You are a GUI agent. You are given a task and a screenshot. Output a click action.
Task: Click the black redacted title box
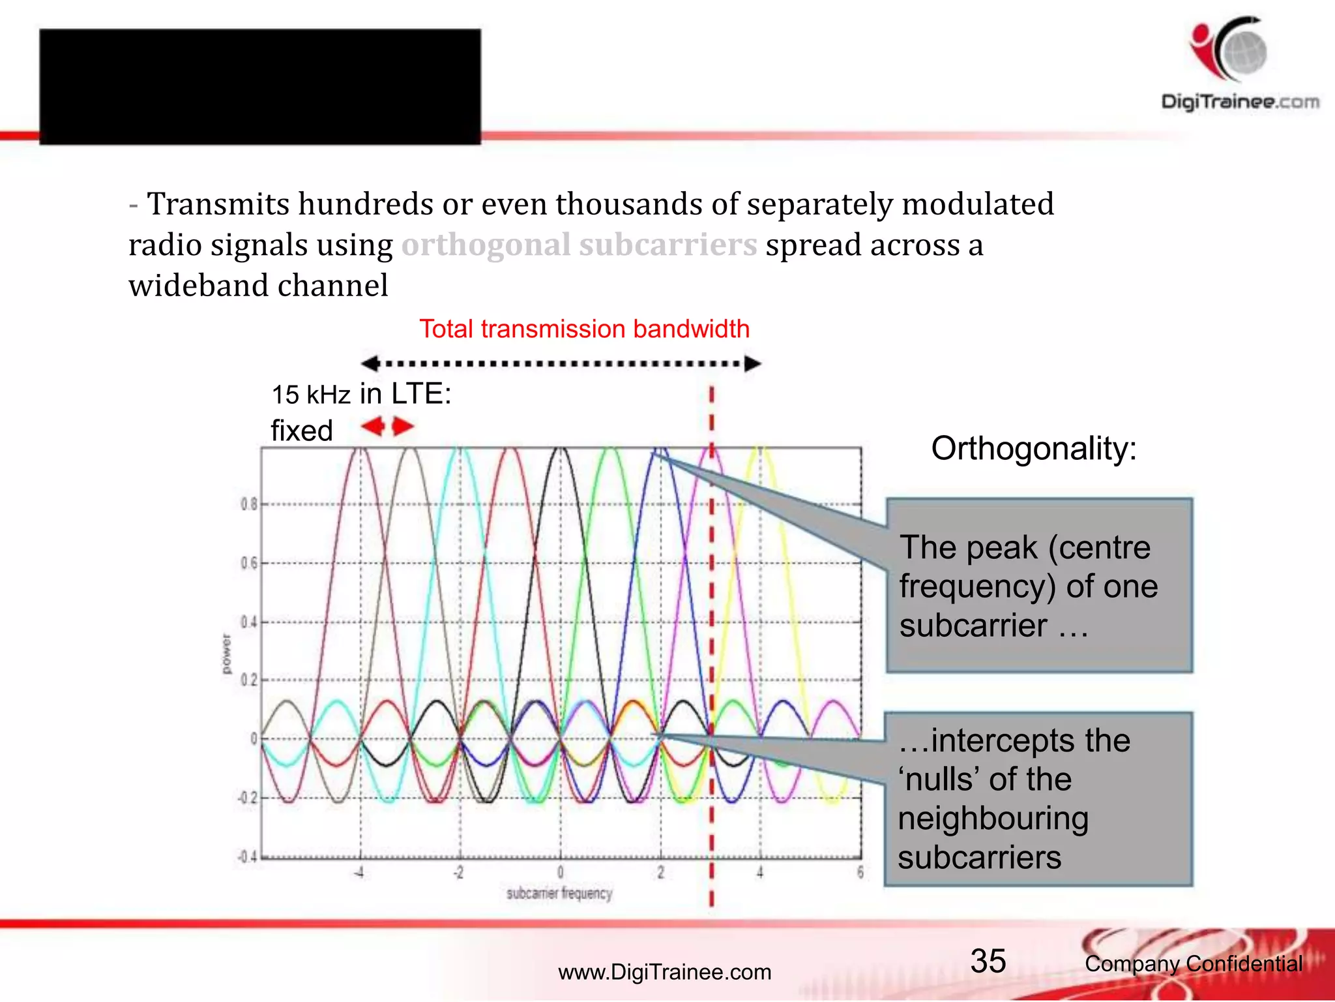click(x=259, y=86)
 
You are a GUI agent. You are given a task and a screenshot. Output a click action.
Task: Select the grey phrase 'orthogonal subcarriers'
click(x=579, y=245)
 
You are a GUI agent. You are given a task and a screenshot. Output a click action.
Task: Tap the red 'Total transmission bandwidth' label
click(x=584, y=329)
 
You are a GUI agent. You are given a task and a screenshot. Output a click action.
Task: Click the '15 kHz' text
click(x=310, y=395)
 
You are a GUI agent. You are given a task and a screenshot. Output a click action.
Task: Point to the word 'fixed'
click(x=301, y=431)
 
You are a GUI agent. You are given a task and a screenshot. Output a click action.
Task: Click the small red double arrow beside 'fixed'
click(x=388, y=427)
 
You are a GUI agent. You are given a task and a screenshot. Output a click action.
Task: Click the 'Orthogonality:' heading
click(x=1034, y=449)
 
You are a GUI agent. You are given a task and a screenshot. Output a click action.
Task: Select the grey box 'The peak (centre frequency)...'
click(x=1039, y=585)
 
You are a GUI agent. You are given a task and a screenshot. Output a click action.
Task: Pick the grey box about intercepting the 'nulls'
click(x=1038, y=799)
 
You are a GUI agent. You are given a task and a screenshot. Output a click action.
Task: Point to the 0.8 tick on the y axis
click(x=248, y=504)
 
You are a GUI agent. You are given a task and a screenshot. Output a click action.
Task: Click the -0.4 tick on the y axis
click(x=247, y=857)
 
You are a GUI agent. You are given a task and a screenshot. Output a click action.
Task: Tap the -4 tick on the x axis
click(x=359, y=872)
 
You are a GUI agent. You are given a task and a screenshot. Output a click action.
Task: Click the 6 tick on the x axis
click(x=860, y=872)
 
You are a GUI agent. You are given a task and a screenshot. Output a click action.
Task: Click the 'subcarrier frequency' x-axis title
click(x=559, y=893)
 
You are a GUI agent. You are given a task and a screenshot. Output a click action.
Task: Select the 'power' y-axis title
click(x=226, y=654)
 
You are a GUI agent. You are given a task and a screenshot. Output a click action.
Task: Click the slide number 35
click(x=988, y=961)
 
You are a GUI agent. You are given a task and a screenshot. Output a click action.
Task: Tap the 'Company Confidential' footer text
click(x=1193, y=964)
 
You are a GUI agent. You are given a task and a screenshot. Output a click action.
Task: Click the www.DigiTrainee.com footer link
click(x=664, y=972)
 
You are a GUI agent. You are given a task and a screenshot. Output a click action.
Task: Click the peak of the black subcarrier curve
click(x=559, y=449)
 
